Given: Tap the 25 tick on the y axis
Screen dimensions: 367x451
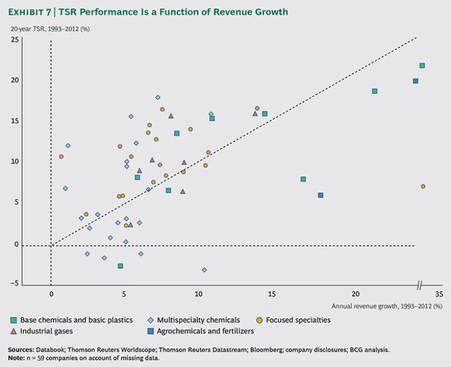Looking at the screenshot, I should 15,40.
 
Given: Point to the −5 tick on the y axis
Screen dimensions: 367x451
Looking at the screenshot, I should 14,283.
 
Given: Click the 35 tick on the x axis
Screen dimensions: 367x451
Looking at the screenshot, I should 439,294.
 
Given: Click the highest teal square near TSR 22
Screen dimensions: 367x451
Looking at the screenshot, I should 422,65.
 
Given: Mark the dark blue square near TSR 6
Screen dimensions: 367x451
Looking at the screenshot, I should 321,195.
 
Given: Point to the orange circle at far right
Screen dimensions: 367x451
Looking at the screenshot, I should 423,186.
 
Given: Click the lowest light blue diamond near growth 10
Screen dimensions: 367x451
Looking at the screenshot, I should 204,270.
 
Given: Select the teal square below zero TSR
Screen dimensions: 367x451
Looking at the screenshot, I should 120,266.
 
